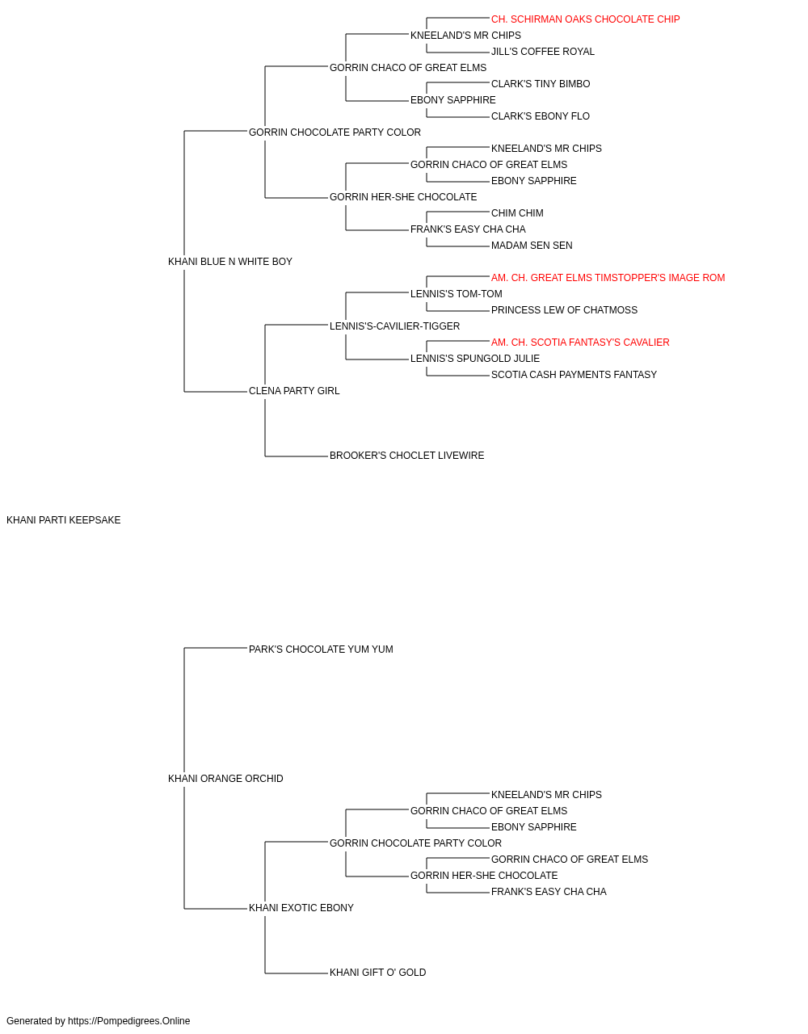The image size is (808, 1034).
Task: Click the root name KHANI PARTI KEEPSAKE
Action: click(x=63, y=520)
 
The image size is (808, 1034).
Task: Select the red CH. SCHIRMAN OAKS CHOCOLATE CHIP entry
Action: click(x=585, y=19)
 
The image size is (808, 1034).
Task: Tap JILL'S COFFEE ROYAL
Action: click(x=542, y=52)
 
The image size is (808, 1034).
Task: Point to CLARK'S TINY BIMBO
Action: click(x=541, y=84)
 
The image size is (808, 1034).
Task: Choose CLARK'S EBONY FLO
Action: click(x=540, y=116)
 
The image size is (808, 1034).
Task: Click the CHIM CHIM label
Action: click(x=517, y=213)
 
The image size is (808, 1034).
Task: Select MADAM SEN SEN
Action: click(x=532, y=246)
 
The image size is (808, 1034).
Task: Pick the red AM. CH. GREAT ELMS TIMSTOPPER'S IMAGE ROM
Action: click(x=608, y=278)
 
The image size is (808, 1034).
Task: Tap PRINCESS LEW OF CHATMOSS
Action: click(x=564, y=310)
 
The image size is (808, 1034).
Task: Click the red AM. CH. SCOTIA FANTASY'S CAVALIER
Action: click(x=580, y=343)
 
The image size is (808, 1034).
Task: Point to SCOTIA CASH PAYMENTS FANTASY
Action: click(x=574, y=375)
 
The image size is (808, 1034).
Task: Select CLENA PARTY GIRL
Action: click(x=294, y=391)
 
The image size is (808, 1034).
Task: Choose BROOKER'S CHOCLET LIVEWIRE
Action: click(x=407, y=456)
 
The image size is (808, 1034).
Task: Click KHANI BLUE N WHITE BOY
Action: click(x=229, y=262)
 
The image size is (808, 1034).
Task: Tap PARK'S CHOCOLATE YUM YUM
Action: click(x=321, y=649)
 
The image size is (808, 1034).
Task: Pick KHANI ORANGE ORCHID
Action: click(x=225, y=779)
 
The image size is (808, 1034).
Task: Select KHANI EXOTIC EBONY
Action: click(x=301, y=908)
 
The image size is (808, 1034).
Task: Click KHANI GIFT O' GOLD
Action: click(x=378, y=973)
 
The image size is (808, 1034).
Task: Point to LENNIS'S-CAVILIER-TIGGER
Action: click(x=394, y=326)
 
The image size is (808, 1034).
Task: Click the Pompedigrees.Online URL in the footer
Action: click(x=128, y=1021)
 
